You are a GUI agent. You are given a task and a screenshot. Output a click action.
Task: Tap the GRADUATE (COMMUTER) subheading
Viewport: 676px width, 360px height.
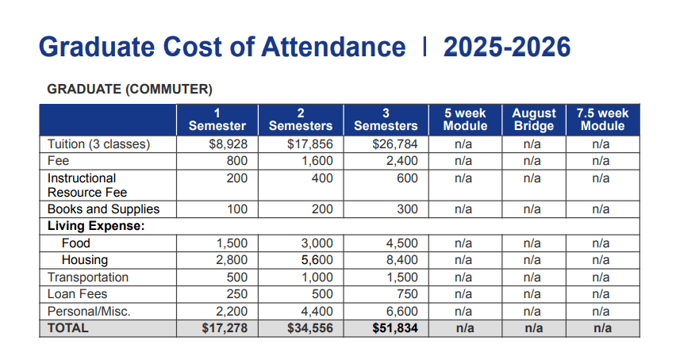click(130, 89)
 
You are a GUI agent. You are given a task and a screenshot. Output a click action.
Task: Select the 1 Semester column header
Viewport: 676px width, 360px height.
click(217, 119)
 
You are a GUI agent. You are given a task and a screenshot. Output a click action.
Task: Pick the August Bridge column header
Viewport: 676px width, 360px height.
click(534, 119)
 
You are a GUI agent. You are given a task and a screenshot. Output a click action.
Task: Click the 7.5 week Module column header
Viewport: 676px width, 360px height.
click(602, 119)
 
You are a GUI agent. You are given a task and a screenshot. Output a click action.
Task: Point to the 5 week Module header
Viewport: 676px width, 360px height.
click(465, 119)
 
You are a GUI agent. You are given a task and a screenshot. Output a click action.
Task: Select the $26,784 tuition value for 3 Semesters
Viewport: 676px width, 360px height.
click(394, 144)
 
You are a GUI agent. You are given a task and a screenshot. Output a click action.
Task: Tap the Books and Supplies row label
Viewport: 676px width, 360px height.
click(103, 209)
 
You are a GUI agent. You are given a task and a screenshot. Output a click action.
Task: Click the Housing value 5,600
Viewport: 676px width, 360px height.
click(316, 260)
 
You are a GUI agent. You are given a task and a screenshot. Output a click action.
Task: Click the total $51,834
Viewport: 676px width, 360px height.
click(394, 328)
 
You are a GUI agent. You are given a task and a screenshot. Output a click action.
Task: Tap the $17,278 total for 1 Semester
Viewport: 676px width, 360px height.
click(226, 328)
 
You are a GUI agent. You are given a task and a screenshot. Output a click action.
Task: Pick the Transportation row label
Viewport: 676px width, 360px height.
click(87, 278)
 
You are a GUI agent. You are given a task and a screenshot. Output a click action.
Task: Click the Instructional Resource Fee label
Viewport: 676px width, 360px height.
click(86, 185)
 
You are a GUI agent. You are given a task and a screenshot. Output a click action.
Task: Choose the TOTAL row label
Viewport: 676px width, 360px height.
click(68, 328)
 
